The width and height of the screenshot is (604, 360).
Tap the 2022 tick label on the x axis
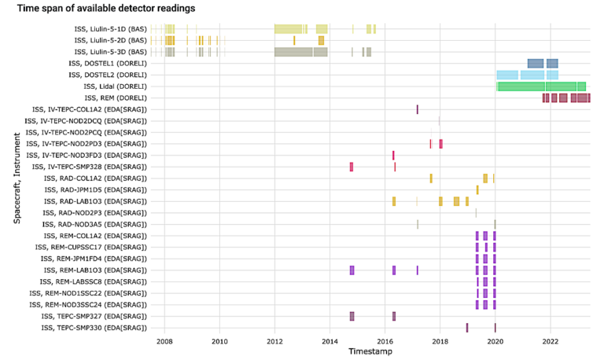550,342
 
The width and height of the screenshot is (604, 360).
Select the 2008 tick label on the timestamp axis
164,342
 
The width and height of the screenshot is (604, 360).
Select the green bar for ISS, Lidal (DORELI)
541,86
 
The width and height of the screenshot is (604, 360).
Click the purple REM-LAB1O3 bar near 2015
352,270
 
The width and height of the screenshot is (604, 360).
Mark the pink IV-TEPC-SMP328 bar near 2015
352,167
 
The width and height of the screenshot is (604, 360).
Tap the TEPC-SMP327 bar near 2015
352,316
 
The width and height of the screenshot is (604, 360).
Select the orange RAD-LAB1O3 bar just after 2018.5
456,201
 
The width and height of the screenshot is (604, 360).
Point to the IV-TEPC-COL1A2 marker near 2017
417,109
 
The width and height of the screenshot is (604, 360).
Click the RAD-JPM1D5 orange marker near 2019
477,189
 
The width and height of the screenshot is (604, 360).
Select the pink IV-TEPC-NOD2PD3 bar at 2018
440,144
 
